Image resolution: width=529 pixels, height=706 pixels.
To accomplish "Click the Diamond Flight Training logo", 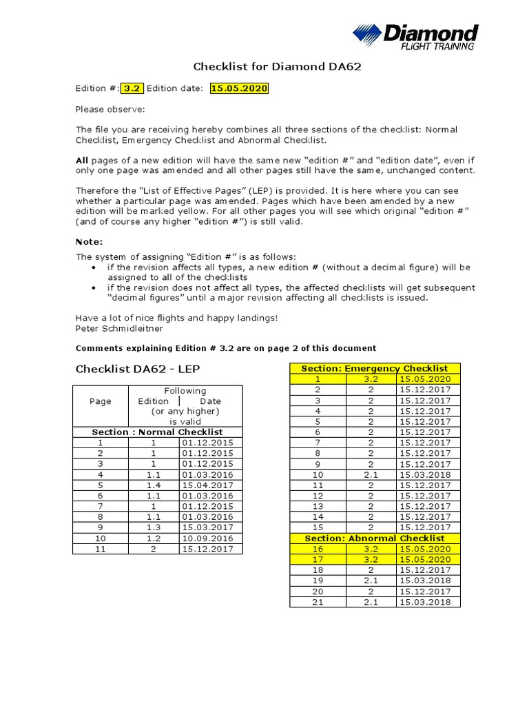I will (x=415, y=37).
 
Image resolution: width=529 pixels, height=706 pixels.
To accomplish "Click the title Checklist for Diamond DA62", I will (x=277, y=68).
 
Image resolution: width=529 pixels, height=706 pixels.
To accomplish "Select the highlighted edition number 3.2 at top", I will (x=132, y=88).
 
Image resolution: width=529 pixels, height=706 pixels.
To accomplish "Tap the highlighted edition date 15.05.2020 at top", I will (x=239, y=88).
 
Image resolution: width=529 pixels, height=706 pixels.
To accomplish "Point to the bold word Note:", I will (x=89, y=241).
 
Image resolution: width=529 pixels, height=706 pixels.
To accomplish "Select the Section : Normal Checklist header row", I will (x=158, y=432).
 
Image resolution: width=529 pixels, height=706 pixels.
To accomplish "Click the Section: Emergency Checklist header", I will (x=375, y=369).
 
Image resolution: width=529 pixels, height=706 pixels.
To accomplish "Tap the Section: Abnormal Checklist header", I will (x=375, y=538).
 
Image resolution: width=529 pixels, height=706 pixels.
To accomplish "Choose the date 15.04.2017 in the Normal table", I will (x=207, y=485).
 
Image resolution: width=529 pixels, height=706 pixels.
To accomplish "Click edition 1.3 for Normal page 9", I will (x=154, y=527).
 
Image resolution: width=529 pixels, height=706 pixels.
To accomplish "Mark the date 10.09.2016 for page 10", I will (x=207, y=538).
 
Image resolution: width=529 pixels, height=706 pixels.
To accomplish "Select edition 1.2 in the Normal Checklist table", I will (x=154, y=538).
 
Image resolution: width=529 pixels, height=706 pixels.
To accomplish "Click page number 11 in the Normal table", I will (x=101, y=549).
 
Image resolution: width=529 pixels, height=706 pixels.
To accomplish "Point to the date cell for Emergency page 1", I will (x=424, y=379).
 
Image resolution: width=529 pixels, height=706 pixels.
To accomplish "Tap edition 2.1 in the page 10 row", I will (x=371, y=474).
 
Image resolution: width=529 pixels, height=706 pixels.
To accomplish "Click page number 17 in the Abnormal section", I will (x=318, y=559).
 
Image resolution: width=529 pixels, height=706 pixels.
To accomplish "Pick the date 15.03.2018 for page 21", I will (x=424, y=602).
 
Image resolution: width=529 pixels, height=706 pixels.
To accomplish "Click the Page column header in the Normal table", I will (x=101, y=401).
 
